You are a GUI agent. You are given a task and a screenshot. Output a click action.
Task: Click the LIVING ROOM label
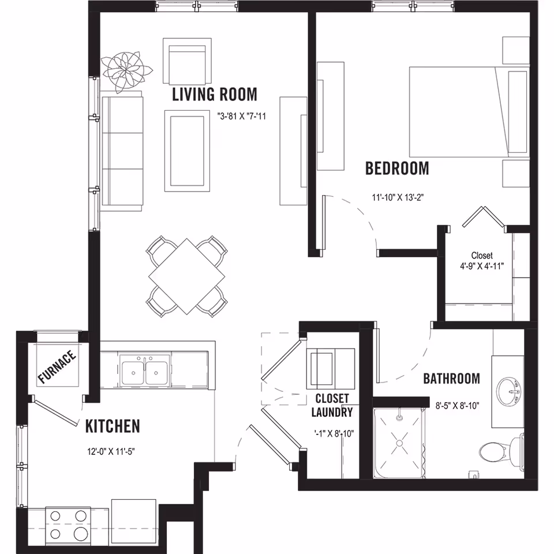click(x=215, y=94)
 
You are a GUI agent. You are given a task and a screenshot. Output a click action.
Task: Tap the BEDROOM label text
click(x=397, y=168)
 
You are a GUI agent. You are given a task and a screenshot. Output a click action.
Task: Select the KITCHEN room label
click(x=113, y=426)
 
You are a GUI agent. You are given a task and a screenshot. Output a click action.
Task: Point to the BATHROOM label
click(x=451, y=379)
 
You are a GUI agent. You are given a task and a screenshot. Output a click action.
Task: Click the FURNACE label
click(x=57, y=367)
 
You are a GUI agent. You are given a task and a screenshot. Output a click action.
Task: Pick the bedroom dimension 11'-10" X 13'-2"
click(x=398, y=197)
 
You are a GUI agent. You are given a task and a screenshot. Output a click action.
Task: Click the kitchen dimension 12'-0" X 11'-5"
click(x=111, y=451)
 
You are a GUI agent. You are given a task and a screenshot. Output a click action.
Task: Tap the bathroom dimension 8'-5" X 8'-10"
click(x=457, y=406)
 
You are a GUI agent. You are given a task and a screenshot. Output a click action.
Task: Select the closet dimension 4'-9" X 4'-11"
click(x=482, y=267)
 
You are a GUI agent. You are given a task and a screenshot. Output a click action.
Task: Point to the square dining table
click(x=187, y=276)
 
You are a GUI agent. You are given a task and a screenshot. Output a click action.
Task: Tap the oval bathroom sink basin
click(x=509, y=392)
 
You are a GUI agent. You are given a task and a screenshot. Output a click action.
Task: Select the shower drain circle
click(x=399, y=443)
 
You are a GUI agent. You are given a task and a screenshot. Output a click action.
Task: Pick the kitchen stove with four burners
click(x=68, y=525)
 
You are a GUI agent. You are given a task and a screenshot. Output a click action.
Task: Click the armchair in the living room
click(x=187, y=61)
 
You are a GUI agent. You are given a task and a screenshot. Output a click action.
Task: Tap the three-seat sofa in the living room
click(x=122, y=151)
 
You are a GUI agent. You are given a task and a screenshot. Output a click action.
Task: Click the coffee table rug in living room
click(x=187, y=151)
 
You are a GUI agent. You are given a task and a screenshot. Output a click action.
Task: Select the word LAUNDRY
click(x=332, y=412)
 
